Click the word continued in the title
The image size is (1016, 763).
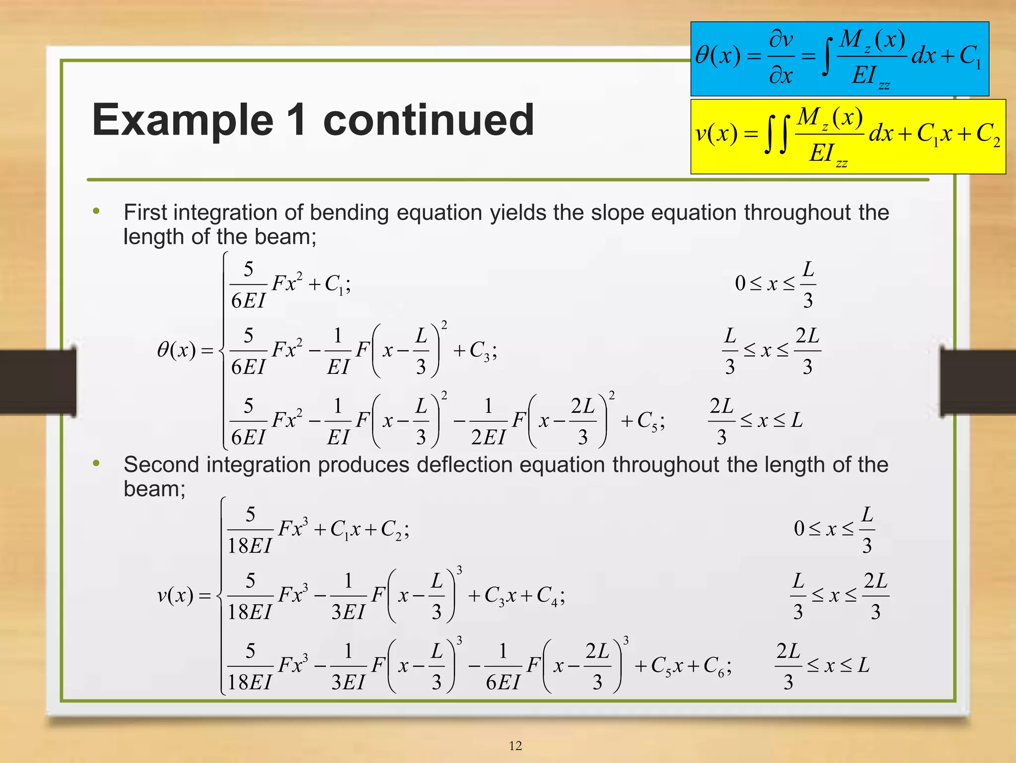point(429,120)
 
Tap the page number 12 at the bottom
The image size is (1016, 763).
point(515,746)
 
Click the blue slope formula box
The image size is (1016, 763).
point(839,59)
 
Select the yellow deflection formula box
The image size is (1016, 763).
point(848,137)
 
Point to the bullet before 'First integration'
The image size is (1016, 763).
point(96,212)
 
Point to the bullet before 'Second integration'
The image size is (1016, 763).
point(96,464)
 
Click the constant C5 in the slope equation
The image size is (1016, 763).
point(648,421)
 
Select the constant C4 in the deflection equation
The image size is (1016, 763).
point(548,595)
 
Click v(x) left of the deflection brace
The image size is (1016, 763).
point(175,595)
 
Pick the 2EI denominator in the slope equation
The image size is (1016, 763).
point(488,437)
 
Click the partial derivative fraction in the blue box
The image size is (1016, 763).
point(781,58)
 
